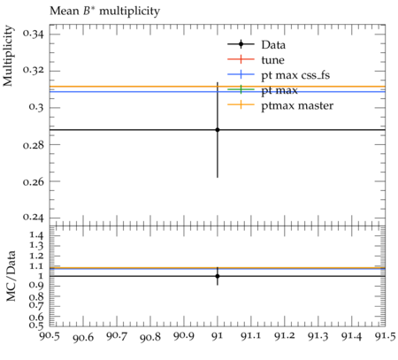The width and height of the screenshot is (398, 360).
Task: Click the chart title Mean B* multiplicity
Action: click(x=104, y=11)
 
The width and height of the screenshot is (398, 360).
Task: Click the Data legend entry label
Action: click(x=273, y=45)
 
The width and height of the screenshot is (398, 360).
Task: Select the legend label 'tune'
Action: click(x=272, y=60)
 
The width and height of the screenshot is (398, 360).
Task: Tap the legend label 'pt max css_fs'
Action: click(x=295, y=75)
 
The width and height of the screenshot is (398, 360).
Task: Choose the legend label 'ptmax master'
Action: click(x=297, y=105)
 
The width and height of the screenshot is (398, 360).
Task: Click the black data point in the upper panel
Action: click(x=218, y=130)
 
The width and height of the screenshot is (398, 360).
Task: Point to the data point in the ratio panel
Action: click(x=218, y=276)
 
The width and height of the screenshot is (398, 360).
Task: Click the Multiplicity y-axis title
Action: click(x=8, y=56)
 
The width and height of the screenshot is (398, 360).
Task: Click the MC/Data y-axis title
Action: click(x=11, y=276)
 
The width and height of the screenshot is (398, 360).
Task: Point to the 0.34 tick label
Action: click(x=33, y=34)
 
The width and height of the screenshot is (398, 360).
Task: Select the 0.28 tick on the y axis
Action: click(x=33, y=145)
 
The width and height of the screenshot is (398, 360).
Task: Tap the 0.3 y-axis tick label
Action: click(x=36, y=108)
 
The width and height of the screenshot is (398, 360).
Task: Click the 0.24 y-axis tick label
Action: click(x=33, y=218)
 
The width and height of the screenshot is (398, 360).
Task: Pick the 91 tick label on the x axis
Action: click(x=218, y=336)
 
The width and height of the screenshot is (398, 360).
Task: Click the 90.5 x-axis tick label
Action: click(x=50, y=336)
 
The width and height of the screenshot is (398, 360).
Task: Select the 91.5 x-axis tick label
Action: click(x=385, y=336)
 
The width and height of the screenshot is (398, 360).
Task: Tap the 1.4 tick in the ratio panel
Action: click(x=37, y=235)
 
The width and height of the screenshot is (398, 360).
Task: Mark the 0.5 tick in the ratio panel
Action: click(x=36, y=326)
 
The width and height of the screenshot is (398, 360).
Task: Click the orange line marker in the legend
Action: click(x=241, y=104)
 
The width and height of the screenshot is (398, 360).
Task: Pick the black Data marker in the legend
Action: click(x=241, y=44)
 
